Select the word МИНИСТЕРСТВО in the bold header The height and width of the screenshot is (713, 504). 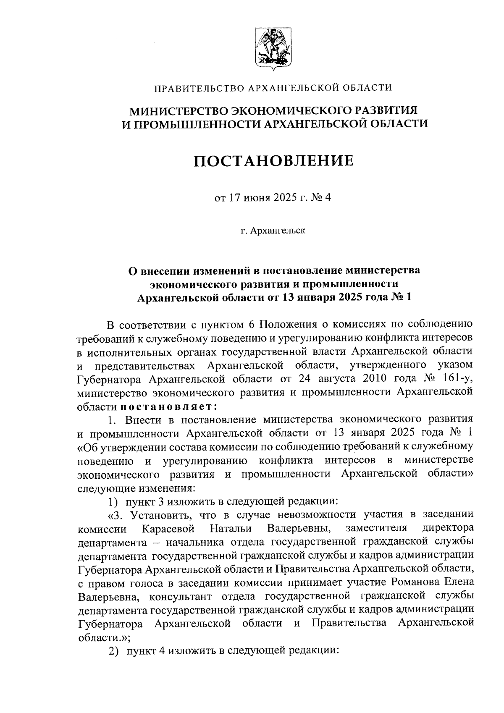[178, 110]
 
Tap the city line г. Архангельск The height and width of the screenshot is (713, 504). [273, 231]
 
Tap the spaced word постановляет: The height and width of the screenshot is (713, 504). [168, 406]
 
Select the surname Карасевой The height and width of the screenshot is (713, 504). [170, 527]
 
